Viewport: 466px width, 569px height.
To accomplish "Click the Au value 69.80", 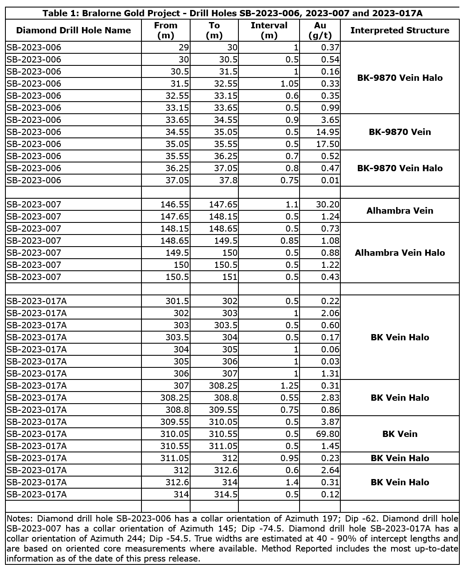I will coord(328,434).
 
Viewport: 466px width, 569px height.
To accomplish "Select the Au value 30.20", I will coord(328,205).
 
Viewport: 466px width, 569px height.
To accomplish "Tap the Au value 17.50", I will coord(328,144).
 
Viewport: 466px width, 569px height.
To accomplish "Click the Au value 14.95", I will coord(328,132).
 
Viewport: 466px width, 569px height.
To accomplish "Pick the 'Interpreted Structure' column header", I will coord(399,30).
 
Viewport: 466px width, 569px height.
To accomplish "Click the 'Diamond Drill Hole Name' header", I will coord(73,30).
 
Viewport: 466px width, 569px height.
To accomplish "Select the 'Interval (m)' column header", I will coord(269,30).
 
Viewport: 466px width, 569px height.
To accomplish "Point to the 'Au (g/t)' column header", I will coord(320,30).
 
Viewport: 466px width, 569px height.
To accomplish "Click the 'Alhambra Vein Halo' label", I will coord(399,253).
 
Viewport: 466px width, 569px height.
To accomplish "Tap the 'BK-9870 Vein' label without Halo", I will coord(399,132).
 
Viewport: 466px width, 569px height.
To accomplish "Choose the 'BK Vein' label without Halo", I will coord(399,434).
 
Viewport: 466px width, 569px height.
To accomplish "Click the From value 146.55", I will coord(175,205).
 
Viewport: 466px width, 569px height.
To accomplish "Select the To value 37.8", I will coord(228,180).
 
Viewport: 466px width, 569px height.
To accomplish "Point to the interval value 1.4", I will coord(292,482).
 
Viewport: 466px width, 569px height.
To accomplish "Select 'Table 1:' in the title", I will coord(60,13).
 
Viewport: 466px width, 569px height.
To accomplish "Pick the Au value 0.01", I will coord(330,180).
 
